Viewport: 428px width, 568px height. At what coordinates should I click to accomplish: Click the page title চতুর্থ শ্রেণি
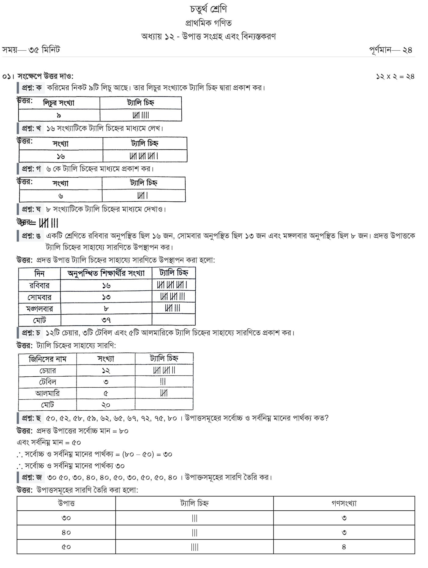point(208,9)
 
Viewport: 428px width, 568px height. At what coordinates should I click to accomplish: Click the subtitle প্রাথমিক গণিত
point(208,23)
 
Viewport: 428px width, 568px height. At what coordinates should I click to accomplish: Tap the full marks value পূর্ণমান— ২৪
point(391,50)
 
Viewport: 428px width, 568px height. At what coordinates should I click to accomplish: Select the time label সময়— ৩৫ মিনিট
point(31,50)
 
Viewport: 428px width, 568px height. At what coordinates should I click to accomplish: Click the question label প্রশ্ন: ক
point(32,88)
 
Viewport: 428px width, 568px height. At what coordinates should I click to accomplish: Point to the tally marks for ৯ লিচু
point(141,115)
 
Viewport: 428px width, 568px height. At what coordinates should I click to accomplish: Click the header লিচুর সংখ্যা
point(59,103)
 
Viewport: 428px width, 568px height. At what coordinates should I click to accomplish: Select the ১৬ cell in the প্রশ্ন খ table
point(61,156)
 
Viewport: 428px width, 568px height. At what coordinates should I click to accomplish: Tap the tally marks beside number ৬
point(142,196)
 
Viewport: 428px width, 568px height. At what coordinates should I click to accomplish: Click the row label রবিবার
point(39,286)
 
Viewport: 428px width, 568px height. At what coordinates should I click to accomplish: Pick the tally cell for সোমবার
point(173,297)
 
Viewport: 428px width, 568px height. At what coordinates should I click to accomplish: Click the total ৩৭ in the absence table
point(106,320)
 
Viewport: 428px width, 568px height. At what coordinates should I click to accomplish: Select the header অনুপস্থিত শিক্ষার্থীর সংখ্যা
point(106,273)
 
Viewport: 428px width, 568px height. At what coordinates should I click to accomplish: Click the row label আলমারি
point(47,393)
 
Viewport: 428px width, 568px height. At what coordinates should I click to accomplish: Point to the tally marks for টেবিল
point(163,382)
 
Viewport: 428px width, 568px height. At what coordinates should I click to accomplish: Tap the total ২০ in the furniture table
point(106,405)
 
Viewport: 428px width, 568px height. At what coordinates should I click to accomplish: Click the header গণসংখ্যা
point(344,504)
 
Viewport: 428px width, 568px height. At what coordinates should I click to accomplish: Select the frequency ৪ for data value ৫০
point(344,547)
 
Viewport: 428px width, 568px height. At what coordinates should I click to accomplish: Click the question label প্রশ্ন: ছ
point(31,418)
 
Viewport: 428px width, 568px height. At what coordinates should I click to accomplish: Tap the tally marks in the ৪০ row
point(194,532)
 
